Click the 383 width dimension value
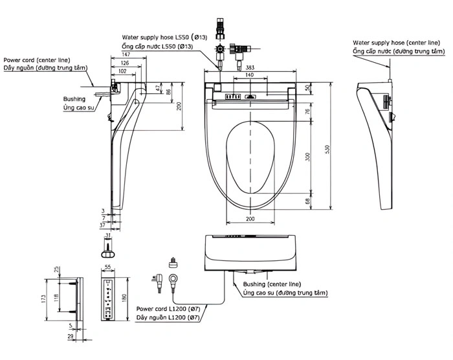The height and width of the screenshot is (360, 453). (x=250, y=67)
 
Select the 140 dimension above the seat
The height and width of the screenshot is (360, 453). (x=249, y=75)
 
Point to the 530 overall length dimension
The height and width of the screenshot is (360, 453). (x=327, y=149)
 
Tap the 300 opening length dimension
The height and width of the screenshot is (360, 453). (x=307, y=157)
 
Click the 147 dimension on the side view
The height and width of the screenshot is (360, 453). (x=126, y=54)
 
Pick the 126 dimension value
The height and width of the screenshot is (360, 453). (x=124, y=63)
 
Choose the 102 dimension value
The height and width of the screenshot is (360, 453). (x=122, y=71)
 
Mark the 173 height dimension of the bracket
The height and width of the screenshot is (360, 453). (x=43, y=298)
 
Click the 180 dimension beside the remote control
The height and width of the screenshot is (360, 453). (x=124, y=298)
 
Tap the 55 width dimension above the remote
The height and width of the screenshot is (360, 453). (x=107, y=267)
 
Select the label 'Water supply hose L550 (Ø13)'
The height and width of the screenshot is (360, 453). (x=164, y=38)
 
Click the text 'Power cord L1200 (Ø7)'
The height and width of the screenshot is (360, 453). (x=168, y=309)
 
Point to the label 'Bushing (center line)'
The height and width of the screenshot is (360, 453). (x=272, y=284)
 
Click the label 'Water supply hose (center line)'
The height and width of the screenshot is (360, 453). (x=396, y=43)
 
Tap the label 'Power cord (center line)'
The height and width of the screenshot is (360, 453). (x=37, y=60)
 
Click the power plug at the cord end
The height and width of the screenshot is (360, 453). (x=158, y=282)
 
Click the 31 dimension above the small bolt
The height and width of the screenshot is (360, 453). (x=108, y=236)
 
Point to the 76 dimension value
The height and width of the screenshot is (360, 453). (x=307, y=111)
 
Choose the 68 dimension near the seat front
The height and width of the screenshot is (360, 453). (x=307, y=201)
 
